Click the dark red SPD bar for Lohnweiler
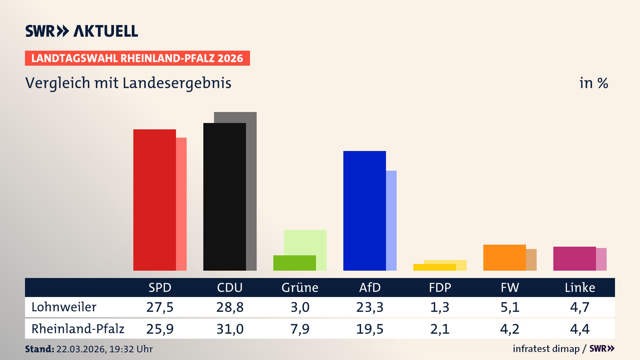(154, 200)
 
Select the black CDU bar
(224, 197)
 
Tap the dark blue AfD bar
(364, 211)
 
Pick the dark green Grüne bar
(294, 263)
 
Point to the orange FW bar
(504, 258)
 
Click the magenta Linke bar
(574, 259)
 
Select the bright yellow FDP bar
(434, 267)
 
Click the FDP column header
(440, 288)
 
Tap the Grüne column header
(300, 288)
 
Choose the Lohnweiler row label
(64, 307)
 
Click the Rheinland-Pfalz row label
(78, 329)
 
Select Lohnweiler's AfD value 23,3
(370, 307)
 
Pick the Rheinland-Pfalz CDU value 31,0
(230, 329)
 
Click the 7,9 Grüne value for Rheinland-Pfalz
(300, 329)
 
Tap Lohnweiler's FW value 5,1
(510, 307)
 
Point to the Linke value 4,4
(580, 329)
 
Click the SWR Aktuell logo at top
(82, 31)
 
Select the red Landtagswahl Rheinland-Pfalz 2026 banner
(137, 58)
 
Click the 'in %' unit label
(593, 83)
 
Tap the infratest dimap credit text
(546, 349)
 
